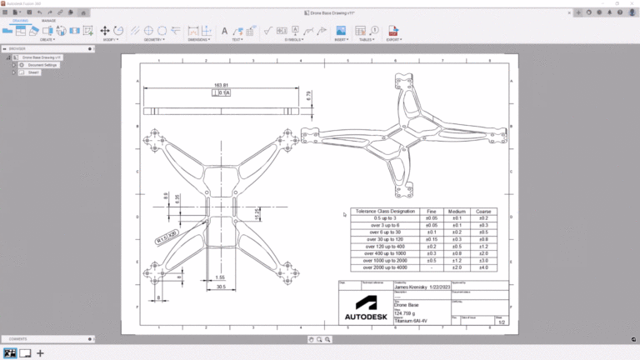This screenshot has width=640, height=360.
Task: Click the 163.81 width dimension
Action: [x=221, y=85]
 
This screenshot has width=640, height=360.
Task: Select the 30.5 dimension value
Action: [x=220, y=287]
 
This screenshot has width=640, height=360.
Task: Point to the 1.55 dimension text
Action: [x=220, y=277]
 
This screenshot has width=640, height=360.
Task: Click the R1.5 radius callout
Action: [x=167, y=237]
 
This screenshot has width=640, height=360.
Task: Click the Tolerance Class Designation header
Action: [x=384, y=212]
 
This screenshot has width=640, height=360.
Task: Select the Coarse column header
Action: [x=483, y=212]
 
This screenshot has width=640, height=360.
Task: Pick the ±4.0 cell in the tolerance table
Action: [x=483, y=267]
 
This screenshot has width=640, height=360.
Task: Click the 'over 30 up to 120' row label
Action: [x=384, y=239]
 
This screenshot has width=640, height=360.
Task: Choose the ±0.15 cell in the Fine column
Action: [x=432, y=239]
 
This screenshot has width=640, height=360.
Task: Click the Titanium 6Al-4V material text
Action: [x=412, y=320]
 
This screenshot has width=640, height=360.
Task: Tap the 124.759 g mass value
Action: [x=406, y=312]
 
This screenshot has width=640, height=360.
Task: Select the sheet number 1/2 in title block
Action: [x=500, y=321]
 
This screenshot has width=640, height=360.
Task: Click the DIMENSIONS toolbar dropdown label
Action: [x=199, y=39]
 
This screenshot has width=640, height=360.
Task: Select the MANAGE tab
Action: [x=48, y=20]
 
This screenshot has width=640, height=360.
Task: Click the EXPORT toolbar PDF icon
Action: [x=393, y=31]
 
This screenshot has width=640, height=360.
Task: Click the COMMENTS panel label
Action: [x=18, y=339]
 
